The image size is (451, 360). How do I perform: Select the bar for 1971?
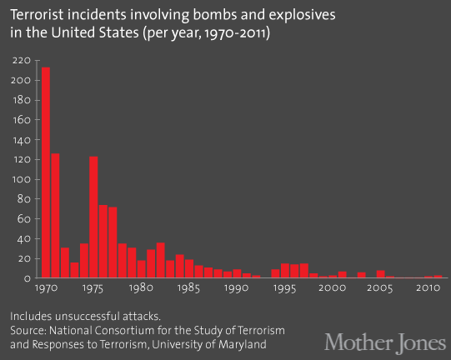click(55, 216)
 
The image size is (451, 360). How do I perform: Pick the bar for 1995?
click(285, 271)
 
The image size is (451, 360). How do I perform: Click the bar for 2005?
click(380, 274)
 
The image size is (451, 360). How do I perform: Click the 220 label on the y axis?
click(22, 61)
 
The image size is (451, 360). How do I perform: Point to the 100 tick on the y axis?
click(22, 179)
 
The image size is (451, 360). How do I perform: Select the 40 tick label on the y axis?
click(24, 239)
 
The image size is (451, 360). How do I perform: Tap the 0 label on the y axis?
click(28, 278)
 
